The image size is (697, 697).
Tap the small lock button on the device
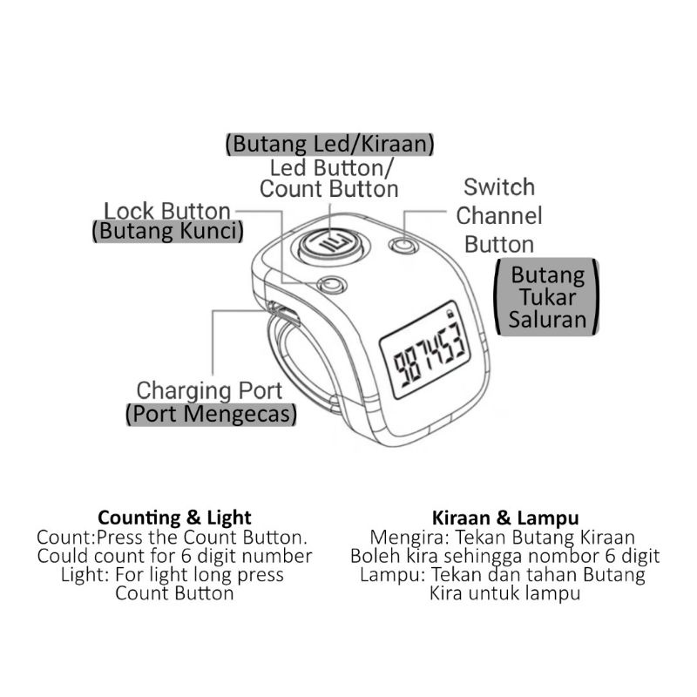pyautogui.click(x=331, y=285)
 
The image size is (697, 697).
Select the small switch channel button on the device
pyautogui.click(x=402, y=246)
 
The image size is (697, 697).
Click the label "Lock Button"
pyautogui.click(x=167, y=211)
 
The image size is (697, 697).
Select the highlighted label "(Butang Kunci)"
pyautogui.click(x=167, y=232)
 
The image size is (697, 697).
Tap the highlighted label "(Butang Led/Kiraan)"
pyautogui.click(x=329, y=144)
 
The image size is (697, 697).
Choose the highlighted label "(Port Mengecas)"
pyautogui.click(x=210, y=415)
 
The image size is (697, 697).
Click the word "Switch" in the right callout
pyautogui.click(x=499, y=187)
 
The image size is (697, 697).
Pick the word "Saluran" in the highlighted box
pyautogui.click(x=548, y=319)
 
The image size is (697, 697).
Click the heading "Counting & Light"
pyautogui.click(x=174, y=518)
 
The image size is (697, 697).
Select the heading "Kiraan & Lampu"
pyautogui.click(x=505, y=518)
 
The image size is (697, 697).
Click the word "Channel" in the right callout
pyautogui.click(x=499, y=216)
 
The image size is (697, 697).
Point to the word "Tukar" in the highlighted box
pyautogui.click(x=548, y=297)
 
